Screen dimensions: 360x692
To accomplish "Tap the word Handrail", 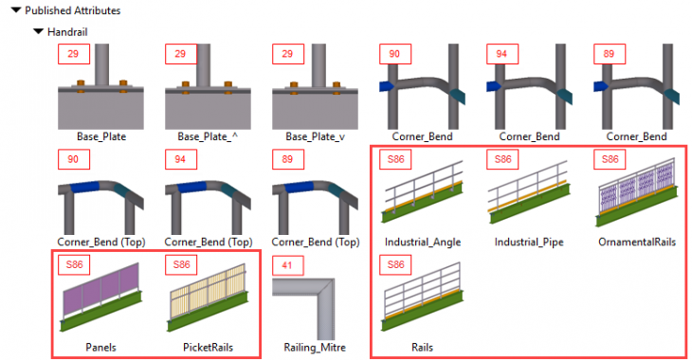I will click(66, 31).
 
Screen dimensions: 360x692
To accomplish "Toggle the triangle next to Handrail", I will click(38, 31).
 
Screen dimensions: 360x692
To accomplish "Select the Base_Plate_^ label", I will click(204, 135).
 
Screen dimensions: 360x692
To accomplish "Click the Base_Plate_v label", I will click(311, 135).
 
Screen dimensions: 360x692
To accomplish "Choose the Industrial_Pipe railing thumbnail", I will click(529, 200).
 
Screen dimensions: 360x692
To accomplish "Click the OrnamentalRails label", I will click(637, 242).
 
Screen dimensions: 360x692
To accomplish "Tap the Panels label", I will click(100, 348).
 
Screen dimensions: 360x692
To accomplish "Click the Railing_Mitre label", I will click(315, 348).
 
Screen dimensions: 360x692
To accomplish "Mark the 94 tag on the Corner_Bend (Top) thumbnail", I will click(180, 160).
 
